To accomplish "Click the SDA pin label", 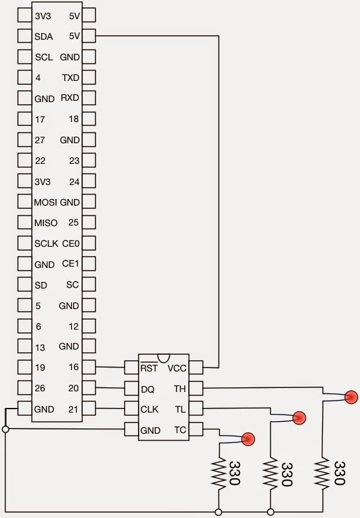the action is [44, 36].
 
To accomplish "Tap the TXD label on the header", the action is [71, 78].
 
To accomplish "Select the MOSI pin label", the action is [45, 202].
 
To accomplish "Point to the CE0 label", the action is [71, 243].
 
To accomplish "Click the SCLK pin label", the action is [46, 243].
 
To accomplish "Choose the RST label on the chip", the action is [149, 367].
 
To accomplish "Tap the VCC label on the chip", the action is [177, 368].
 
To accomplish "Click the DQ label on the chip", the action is [148, 389].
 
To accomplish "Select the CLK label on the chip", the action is [149, 410].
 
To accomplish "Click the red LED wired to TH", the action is [351, 397].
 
